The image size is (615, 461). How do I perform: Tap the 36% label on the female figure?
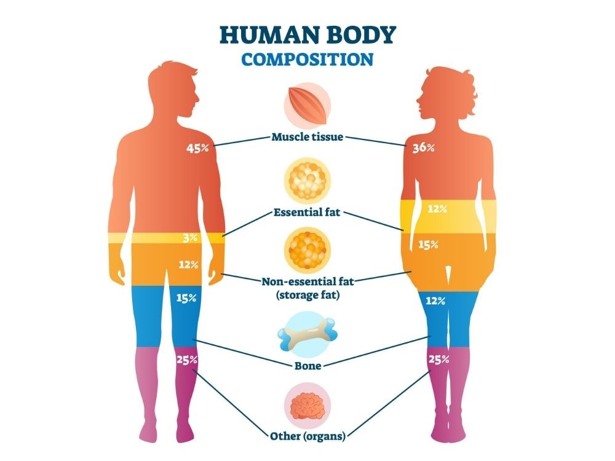[424, 148]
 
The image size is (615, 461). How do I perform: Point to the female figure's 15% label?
[428, 244]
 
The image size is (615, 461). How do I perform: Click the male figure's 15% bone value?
[186, 298]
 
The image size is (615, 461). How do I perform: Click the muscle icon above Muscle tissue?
[307, 101]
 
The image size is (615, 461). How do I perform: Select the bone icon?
[307, 335]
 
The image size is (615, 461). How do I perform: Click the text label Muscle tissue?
[307, 136]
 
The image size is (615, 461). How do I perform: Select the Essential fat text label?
[307, 214]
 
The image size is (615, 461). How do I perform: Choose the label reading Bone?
[307, 366]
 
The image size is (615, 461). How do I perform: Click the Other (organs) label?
[307, 436]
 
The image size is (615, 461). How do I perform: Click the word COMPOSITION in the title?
[307, 60]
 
